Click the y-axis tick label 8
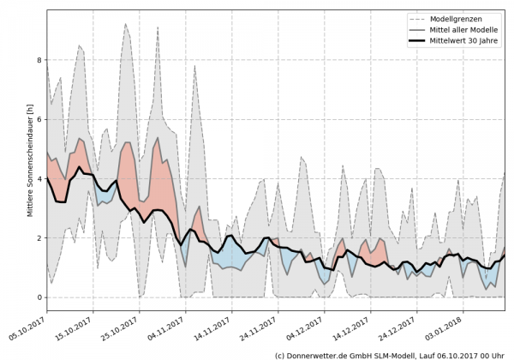click(37, 60)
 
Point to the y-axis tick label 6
click(37, 119)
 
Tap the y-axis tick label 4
click(37, 178)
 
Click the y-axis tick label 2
click(37, 237)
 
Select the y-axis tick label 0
click(37, 297)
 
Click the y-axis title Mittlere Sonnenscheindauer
click(30, 159)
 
